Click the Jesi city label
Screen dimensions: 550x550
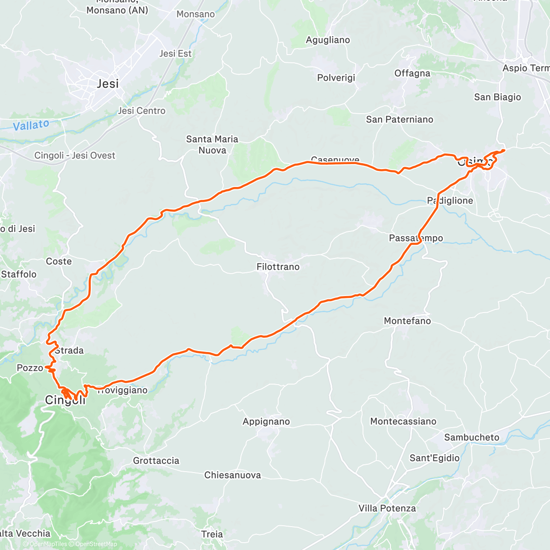click(108, 84)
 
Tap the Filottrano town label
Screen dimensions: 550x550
click(278, 267)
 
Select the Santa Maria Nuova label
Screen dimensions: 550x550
click(212, 145)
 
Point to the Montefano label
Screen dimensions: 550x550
click(407, 321)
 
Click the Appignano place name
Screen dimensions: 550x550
click(266, 422)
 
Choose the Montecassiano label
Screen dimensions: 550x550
click(403, 421)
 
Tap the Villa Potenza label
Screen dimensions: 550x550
click(387, 508)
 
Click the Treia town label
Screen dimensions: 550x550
click(212, 534)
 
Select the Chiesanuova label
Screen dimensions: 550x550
click(233, 475)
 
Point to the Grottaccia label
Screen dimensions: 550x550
click(156, 461)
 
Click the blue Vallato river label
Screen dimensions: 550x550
click(31, 125)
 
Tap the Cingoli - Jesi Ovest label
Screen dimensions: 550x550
click(75, 156)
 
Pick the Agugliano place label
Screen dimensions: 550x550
click(328, 40)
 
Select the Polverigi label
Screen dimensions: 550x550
click(336, 78)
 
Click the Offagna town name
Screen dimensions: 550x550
click(412, 73)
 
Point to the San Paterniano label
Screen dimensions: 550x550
click(400, 120)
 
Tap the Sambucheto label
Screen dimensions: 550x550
click(472, 438)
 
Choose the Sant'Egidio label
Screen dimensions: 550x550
click(434, 458)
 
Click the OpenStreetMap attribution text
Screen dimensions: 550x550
click(96, 544)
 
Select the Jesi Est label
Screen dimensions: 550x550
click(176, 54)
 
